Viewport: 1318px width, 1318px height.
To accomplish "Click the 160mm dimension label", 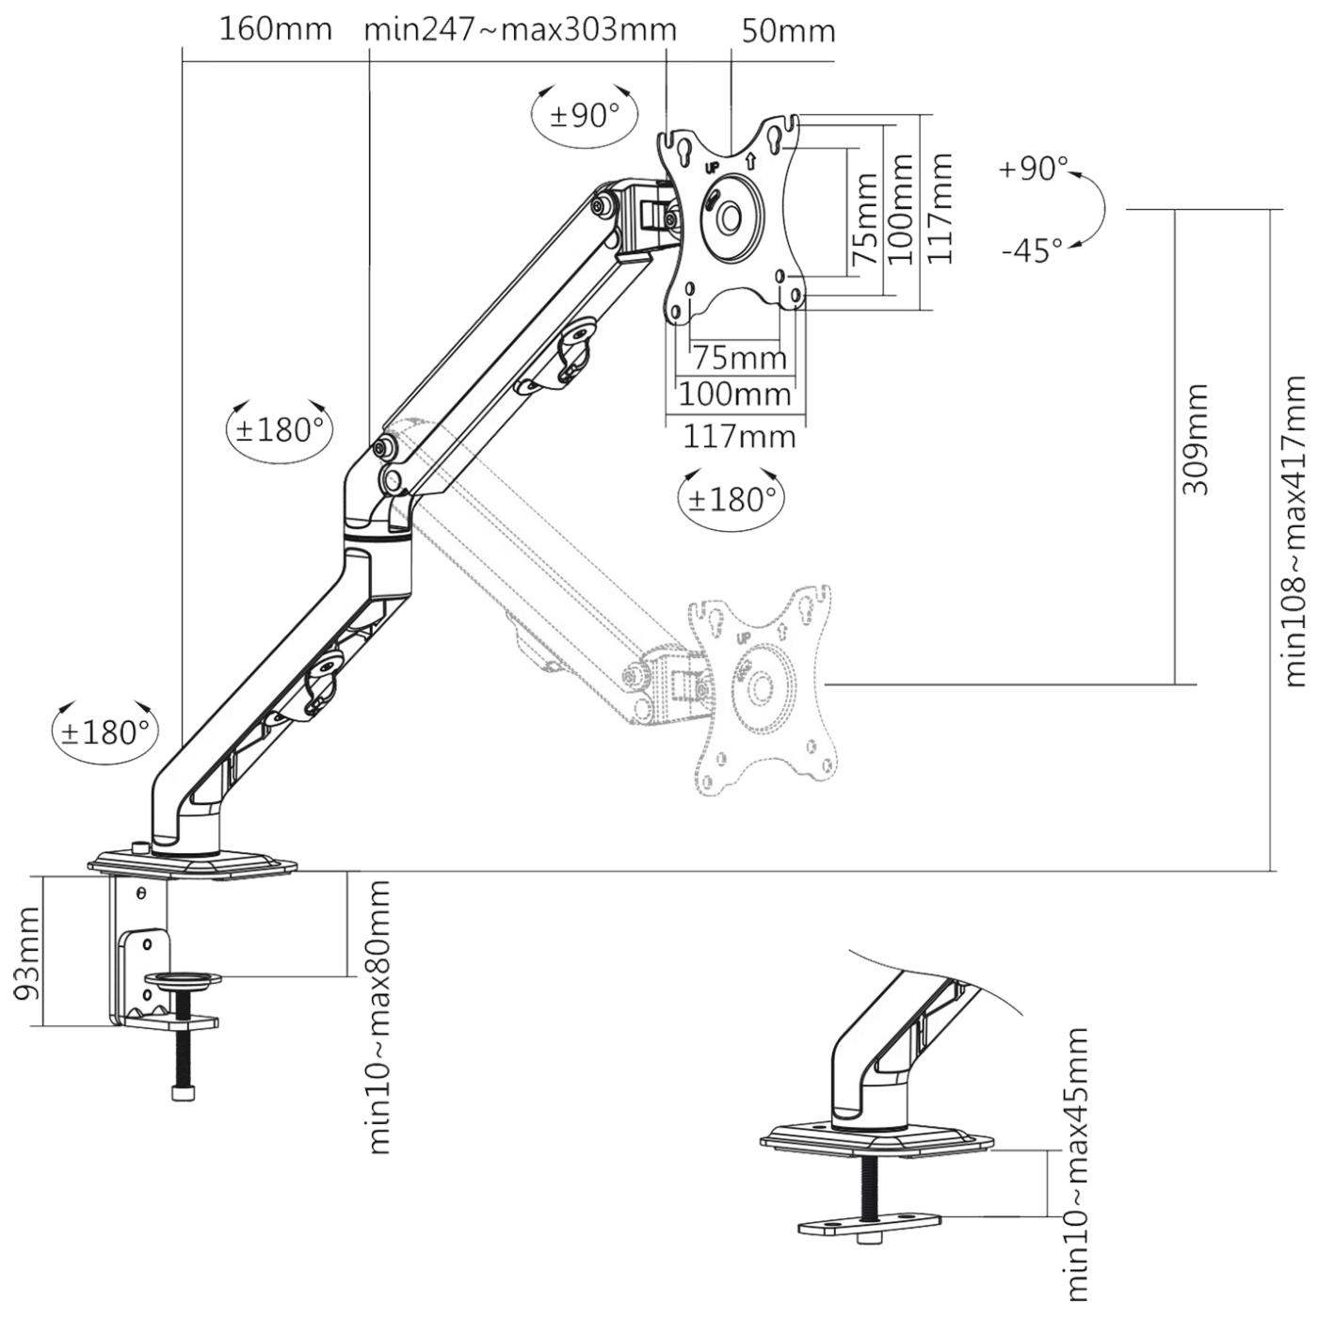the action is (x=275, y=29).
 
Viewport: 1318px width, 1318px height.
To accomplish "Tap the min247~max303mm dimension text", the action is (x=520, y=29).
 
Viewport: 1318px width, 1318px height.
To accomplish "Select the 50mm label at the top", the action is (x=788, y=31).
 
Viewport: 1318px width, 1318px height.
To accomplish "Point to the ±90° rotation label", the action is (x=584, y=116).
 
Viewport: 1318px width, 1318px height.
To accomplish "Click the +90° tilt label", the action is (x=1033, y=168).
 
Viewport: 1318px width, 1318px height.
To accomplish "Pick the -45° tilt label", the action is (x=1033, y=250).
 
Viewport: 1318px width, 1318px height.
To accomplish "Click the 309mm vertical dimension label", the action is (x=1195, y=439).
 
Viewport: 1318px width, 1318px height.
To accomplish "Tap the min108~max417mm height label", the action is (x=1295, y=531).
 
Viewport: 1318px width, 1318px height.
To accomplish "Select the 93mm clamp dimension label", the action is (x=28, y=953).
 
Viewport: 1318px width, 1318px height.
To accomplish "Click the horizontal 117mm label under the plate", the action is (x=739, y=437).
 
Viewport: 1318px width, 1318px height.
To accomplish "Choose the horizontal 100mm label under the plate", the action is (x=734, y=394).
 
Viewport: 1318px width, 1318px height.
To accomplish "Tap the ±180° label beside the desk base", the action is (x=105, y=732).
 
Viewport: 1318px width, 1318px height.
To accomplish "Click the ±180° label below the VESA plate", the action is (x=731, y=500).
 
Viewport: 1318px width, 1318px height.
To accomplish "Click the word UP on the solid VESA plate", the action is (x=712, y=168).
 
